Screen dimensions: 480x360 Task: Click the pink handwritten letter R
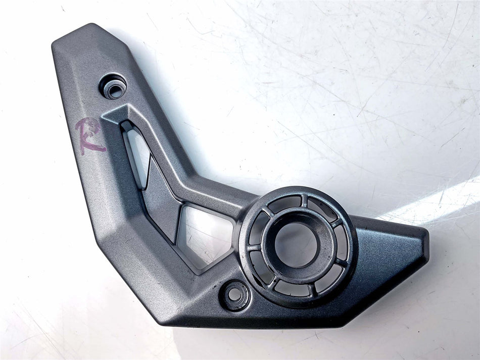click(89, 135)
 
